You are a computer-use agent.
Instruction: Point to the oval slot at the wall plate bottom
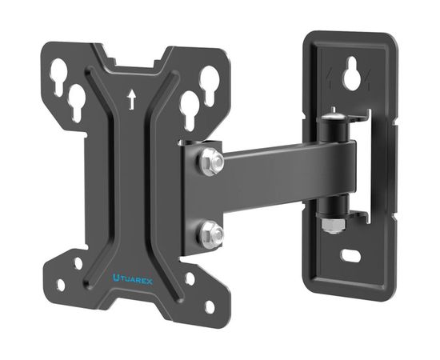click(x=353, y=258)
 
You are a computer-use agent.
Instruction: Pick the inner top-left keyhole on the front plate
click(x=78, y=102)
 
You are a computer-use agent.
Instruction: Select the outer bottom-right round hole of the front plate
click(x=210, y=306)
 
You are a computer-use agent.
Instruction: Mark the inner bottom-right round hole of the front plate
click(x=190, y=279)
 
